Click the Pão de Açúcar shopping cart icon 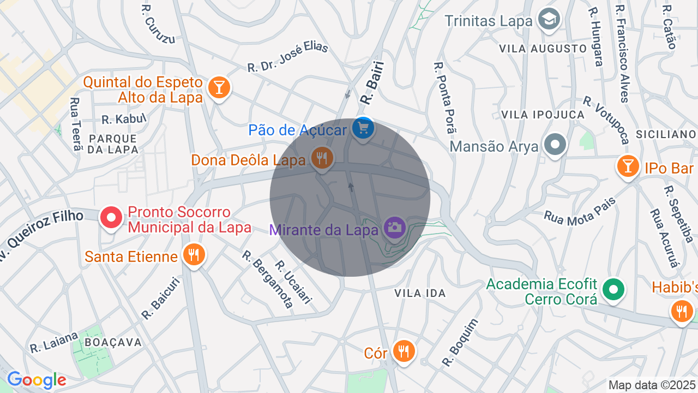pos(363,129)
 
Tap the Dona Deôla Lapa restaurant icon pos(322,158)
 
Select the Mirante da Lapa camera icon pos(394,227)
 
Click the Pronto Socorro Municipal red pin pos(111,218)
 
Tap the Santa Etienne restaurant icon pos(194,254)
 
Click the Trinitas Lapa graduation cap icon pos(549,19)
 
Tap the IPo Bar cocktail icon pos(628,166)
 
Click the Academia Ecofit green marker pos(613,289)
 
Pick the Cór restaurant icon pos(404,351)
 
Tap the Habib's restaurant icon pos(682,311)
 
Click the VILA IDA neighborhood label pos(420,293)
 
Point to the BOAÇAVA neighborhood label pos(113,343)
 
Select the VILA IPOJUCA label pos(543,115)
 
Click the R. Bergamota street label pos(267,279)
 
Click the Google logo pos(37,380)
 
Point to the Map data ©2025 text pos(652,385)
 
